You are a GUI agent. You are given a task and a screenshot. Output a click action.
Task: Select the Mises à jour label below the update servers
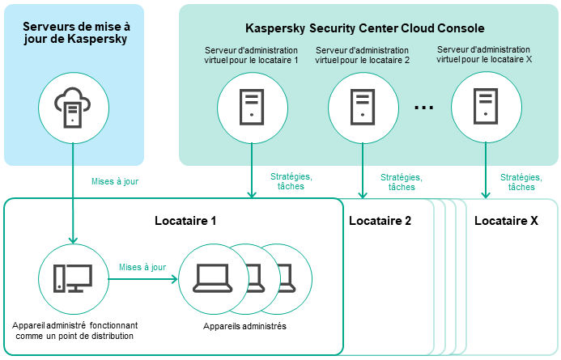[x=115, y=181]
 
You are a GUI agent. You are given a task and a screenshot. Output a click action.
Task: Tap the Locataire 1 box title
[x=185, y=220]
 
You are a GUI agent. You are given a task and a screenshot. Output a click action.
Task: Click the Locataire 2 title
[x=380, y=220]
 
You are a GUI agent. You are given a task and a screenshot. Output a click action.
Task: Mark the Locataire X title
[x=506, y=220]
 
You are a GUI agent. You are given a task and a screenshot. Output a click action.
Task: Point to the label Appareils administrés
[x=244, y=326]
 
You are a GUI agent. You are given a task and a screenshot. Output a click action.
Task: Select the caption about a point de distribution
[x=74, y=330]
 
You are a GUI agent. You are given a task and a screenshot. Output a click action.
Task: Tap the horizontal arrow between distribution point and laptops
[x=142, y=280]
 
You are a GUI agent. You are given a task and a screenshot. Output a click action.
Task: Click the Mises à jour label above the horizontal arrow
[x=142, y=267]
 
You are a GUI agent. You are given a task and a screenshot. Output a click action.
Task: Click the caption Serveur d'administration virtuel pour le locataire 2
[x=362, y=54]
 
